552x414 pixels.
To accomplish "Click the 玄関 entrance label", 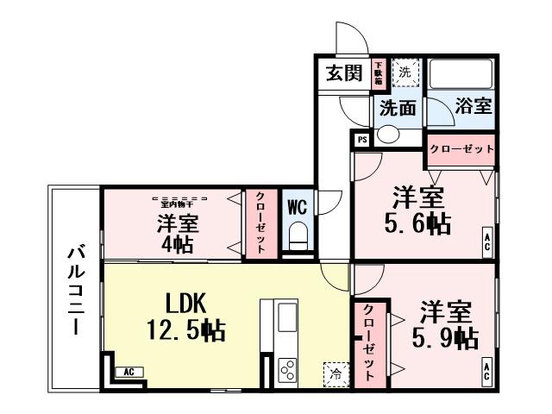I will pos(343,73).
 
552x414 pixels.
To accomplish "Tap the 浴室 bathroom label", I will pos(474,107).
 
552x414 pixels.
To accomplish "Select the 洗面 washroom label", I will pos(398,108).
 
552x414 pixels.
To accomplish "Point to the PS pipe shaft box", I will pos(361,139).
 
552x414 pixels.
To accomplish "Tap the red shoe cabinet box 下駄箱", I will pos(378,73).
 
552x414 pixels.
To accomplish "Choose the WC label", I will pos(297,207).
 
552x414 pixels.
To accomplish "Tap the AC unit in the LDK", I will pos(127,372).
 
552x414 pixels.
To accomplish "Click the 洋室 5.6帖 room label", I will pos(415,210).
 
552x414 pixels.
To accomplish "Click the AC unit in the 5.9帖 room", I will pos(486,372).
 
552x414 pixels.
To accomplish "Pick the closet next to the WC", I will pos(260,222).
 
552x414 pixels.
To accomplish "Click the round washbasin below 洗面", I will pos(389,135).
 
